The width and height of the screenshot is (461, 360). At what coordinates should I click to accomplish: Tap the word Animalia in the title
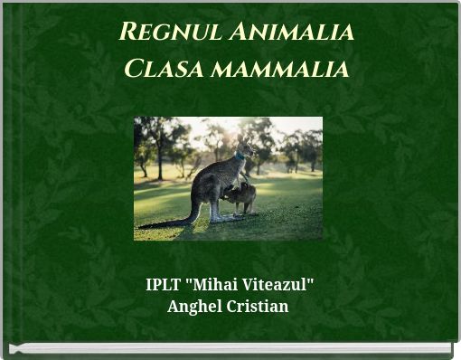[290, 33]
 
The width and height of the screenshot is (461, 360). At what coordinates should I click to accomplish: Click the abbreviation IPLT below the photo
[163, 286]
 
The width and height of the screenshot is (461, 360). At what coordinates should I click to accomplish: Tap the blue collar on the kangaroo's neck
[240, 156]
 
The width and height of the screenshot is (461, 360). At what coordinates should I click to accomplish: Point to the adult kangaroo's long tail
[172, 220]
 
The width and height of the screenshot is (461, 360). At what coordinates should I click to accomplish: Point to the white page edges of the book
[230, 348]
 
